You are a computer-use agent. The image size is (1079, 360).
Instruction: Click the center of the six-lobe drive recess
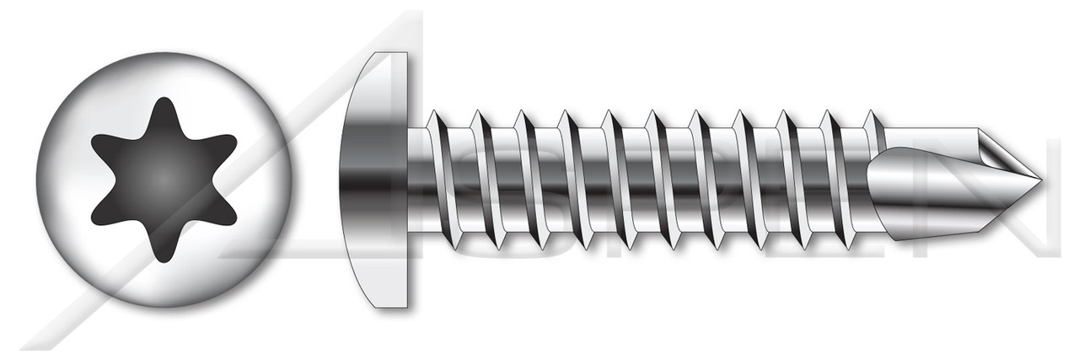(x=164, y=180)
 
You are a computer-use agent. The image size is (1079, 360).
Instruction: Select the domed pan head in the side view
(x=375, y=180)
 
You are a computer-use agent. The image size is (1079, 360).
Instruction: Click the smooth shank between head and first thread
(x=417, y=180)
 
